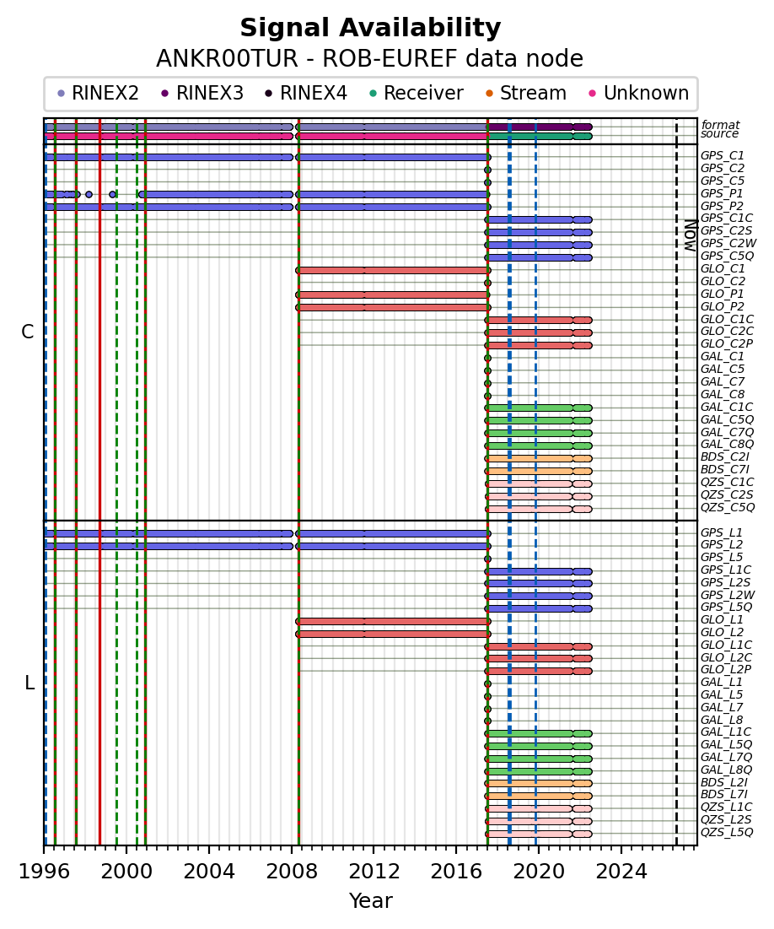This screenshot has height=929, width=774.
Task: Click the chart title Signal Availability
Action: point(370,28)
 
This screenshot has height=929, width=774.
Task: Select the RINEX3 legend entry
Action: point(202,93)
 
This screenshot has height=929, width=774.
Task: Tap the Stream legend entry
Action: point(526,93)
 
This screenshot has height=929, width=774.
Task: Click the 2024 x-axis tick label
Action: point(621,872)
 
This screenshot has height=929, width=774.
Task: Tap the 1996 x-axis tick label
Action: point(44,872)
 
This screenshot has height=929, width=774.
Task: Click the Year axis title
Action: point(370,900)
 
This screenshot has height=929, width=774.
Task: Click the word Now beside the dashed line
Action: point(691,235)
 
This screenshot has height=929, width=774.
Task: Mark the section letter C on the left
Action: point(27,332)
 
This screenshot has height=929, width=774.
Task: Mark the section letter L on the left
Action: point(30,683)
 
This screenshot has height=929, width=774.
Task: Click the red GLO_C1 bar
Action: point(393,270)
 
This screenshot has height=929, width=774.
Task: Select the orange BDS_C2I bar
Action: point(538,458)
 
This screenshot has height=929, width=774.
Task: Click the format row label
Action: point(720,124)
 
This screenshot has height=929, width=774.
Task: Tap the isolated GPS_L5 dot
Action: point(487,559)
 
